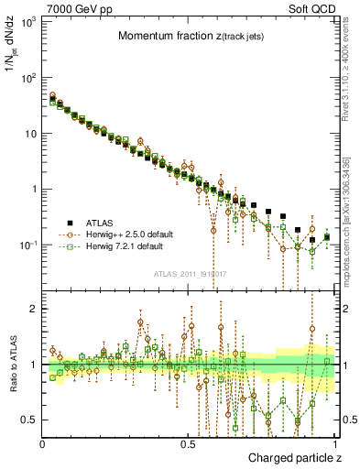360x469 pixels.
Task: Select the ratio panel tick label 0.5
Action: pyautogui.click(x=29, y=420)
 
